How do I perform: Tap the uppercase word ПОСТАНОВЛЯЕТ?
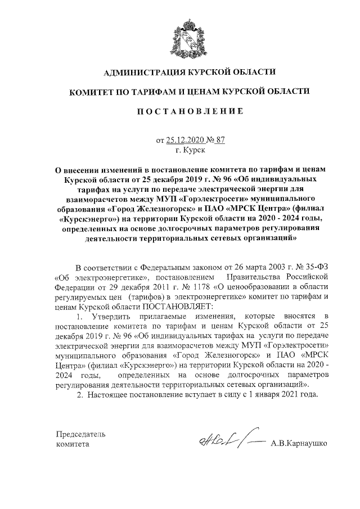179,307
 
